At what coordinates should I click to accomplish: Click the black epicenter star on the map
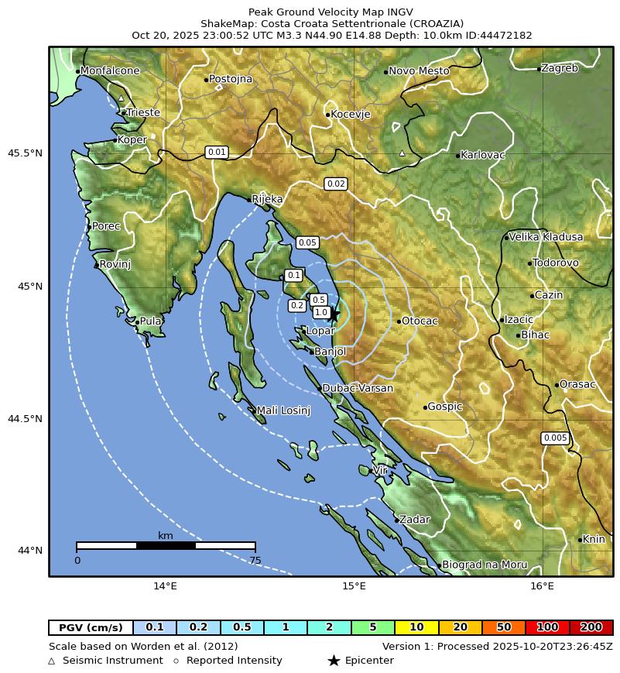pos(334,314)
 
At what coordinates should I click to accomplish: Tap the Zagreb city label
pos(559,68)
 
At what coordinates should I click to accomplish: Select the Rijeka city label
pos(267,199)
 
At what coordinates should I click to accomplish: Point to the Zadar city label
pos(414,520)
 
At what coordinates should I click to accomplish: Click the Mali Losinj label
pos(283,410)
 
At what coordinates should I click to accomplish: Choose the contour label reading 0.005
pos(555,438)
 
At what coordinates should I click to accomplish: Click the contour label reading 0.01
pos(217,152)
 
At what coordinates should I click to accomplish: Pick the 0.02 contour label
pos(336,184)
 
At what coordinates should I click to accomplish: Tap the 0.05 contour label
pos(307,242)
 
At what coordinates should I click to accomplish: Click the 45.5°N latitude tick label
pos(25,153)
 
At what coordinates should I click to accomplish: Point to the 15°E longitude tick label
pos(354,586)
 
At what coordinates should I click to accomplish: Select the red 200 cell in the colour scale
pos(591,627)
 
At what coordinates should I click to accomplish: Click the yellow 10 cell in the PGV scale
pos(416,627)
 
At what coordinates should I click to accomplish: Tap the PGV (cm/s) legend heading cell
pos(91,627)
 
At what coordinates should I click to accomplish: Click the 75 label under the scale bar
pos(255,561)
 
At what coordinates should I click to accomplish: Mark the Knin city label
pos(594,539)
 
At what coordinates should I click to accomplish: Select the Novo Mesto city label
pos(419,71)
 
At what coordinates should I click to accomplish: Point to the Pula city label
pos(150,321)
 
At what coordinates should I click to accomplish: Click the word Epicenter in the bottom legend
pos(369,661)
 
